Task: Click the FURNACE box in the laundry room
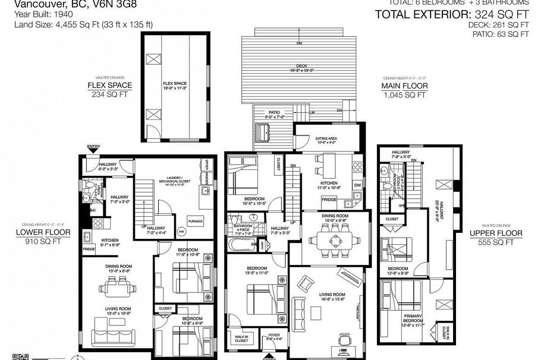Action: pos(196,220)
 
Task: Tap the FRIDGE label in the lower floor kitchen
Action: pos(89,250)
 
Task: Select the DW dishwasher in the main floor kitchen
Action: pos(358,185)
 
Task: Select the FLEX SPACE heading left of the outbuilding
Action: pos(110,85)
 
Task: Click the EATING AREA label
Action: pos(326,140)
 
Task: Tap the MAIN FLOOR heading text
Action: pos(405,86)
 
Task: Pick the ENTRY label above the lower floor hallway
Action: pos(93,146)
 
